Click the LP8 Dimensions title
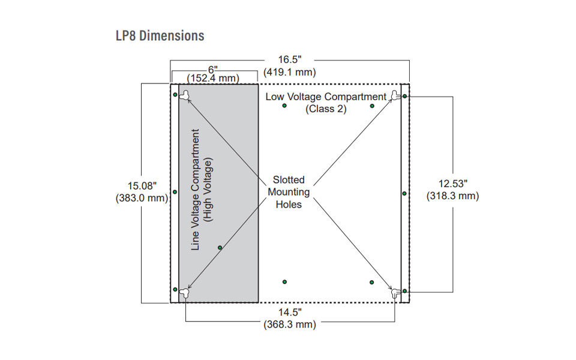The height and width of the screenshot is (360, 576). click(160, 35)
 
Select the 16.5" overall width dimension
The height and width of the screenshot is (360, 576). click(289, 60)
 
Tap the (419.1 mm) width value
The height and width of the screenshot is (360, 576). click(289, 72)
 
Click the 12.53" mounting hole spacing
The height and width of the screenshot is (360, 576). click(452, 183)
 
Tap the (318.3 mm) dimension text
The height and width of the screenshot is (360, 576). click(452, 196)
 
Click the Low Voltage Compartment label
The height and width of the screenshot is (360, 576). click(326, 97)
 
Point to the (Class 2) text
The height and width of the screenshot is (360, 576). click(326, 109)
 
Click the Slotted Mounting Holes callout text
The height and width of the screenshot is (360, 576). click(289, 192)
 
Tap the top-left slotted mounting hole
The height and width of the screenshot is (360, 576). click(186, 94)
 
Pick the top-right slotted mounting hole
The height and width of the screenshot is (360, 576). click(395, 95)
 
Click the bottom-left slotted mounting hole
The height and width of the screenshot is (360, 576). click(185, 292)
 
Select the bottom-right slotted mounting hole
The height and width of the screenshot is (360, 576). click(395, 293)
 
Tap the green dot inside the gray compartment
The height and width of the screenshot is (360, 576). click(220, 247)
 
